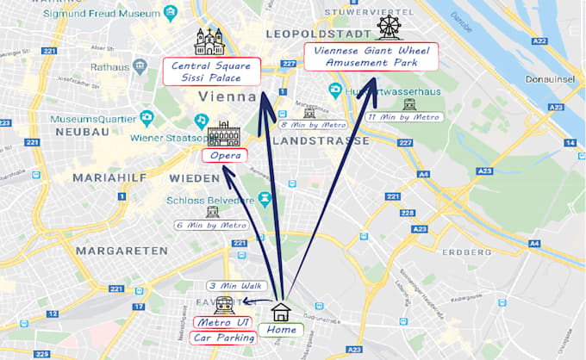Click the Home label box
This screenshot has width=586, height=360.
pos(282,330)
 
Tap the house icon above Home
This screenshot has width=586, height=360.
pos(282,312)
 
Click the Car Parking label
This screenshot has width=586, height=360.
pos(224,338)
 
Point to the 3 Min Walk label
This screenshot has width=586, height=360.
pos(237,286)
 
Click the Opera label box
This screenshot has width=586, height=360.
pos(224,156)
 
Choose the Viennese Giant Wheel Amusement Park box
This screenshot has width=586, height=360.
pos(371,57)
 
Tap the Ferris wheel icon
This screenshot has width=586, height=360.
pos(390,27)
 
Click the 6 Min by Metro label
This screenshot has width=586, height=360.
pos(211,225)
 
